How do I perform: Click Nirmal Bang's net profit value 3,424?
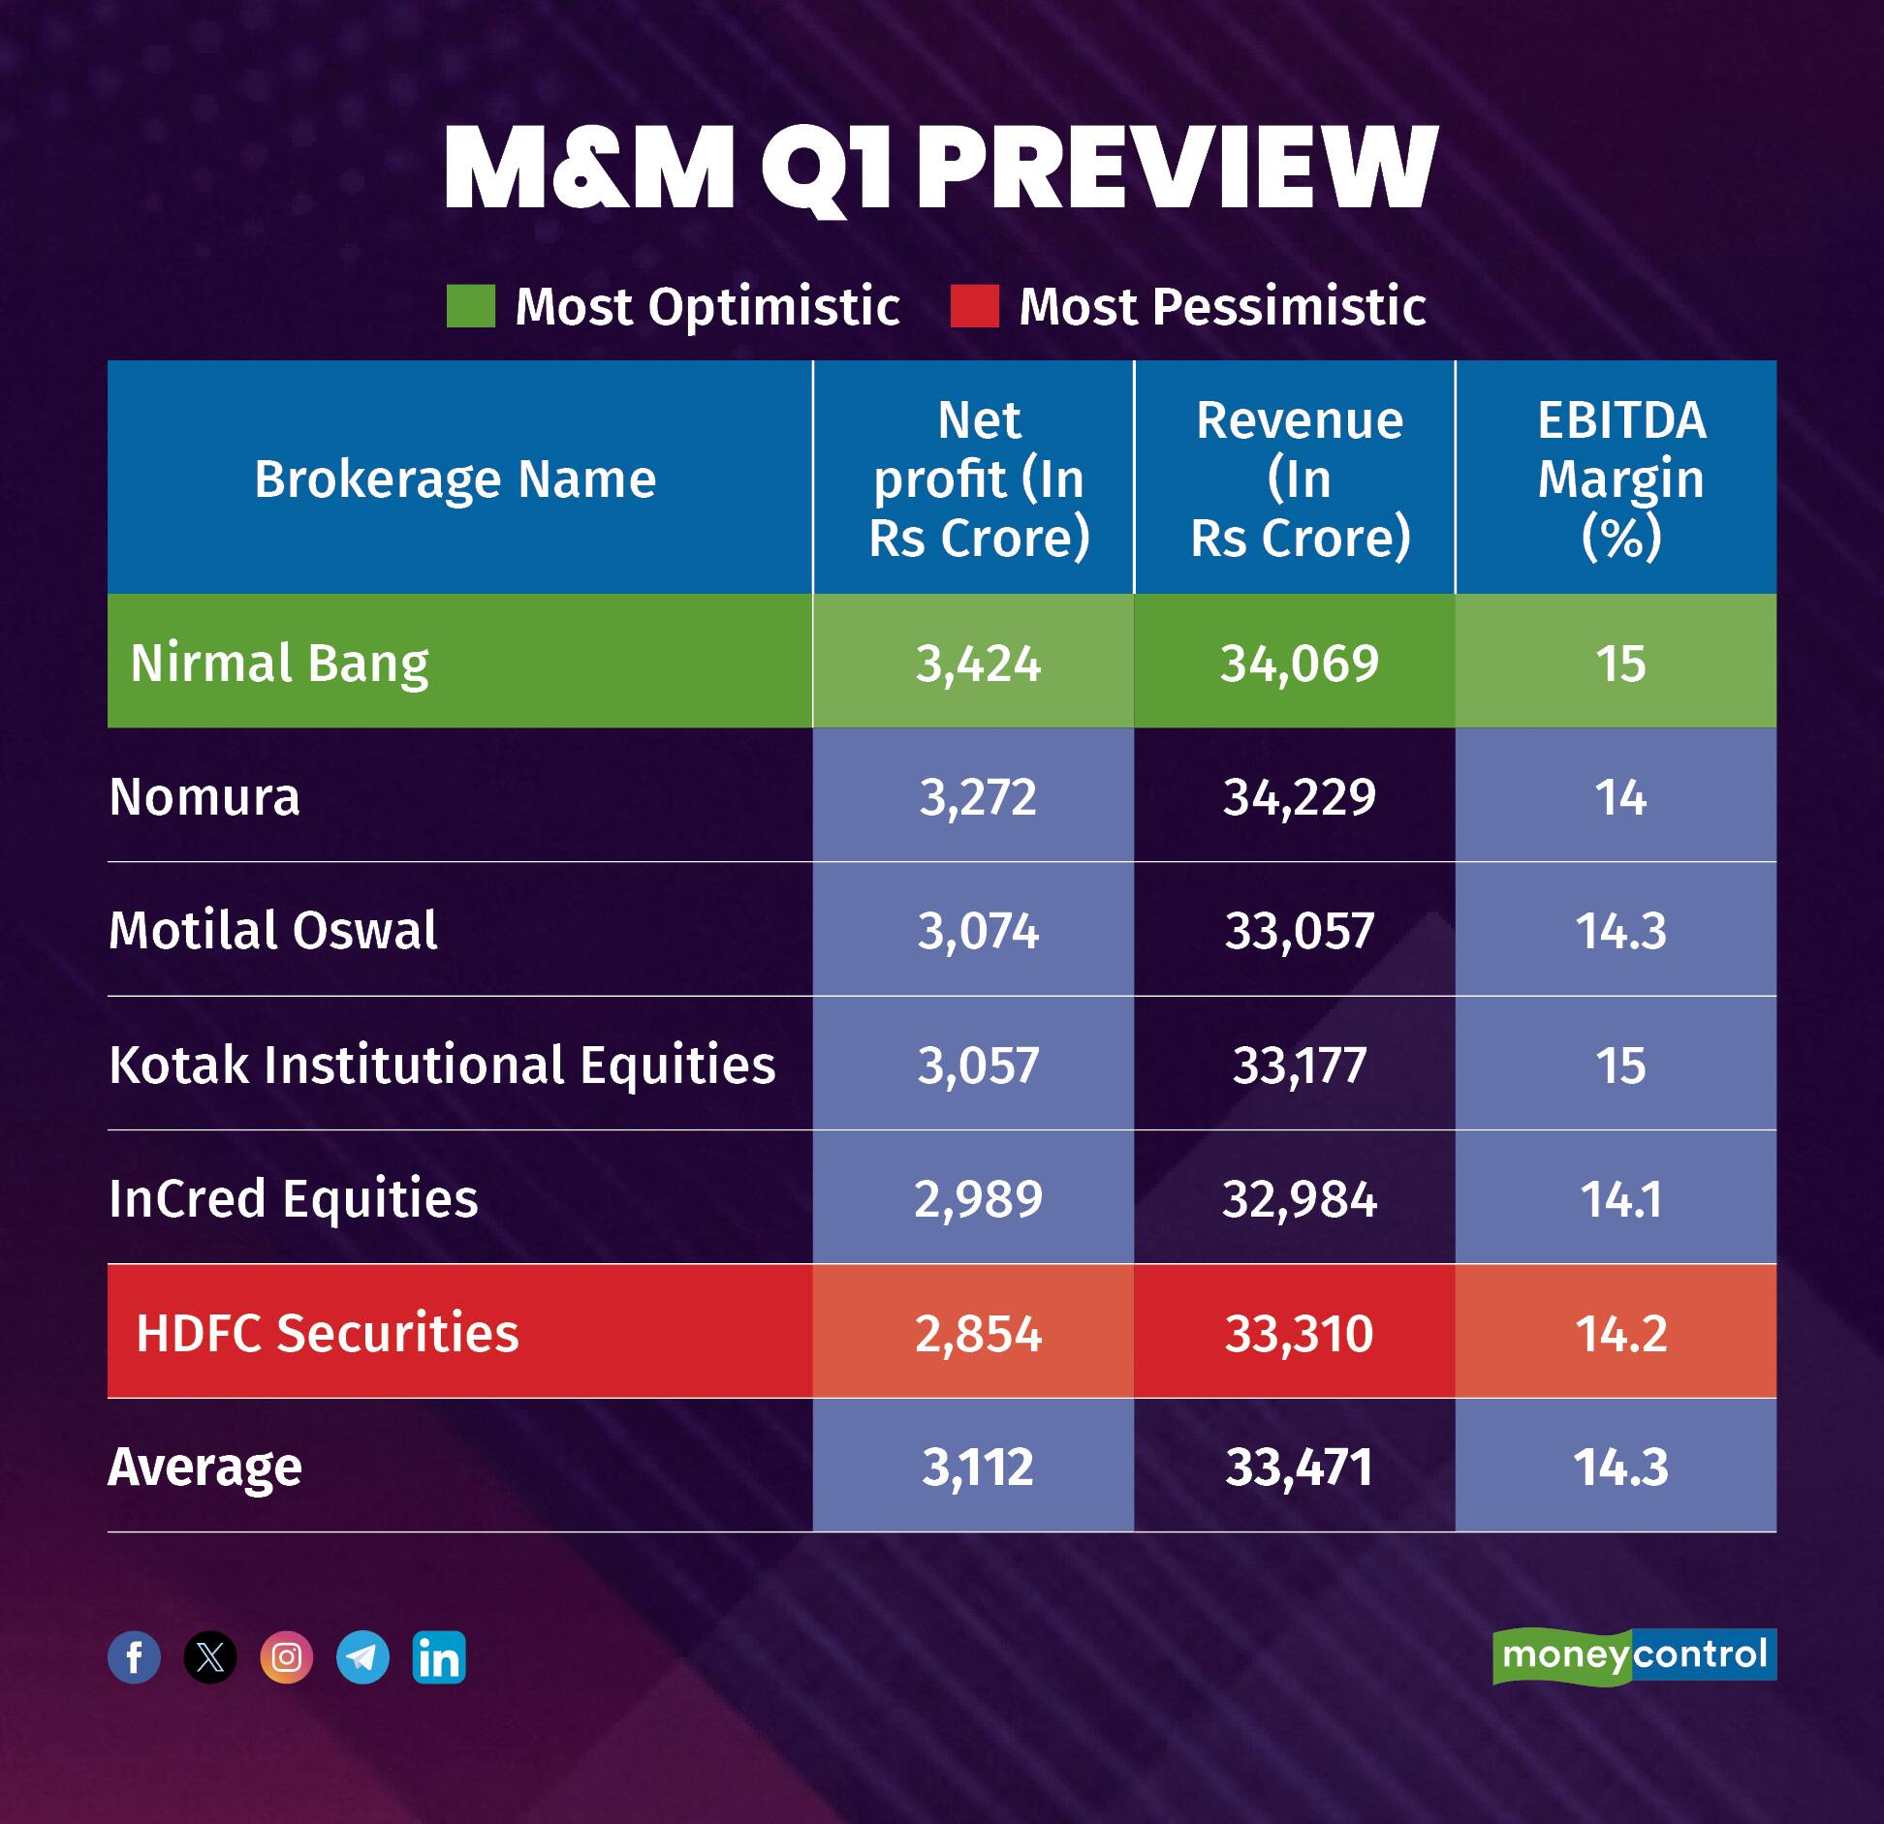977,664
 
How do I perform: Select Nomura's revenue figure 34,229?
1299,797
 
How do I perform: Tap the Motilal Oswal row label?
272,930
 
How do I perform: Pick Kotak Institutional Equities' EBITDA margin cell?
1619,1065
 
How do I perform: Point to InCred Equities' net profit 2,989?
977,1199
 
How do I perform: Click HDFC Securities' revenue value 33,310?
1299,1333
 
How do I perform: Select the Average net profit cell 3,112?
977,1467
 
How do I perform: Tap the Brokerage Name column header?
455,479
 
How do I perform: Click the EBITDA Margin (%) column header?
1619,479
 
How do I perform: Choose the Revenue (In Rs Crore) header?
1299,479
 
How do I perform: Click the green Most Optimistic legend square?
471,306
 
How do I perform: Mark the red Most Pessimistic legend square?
974,306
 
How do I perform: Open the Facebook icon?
134,1657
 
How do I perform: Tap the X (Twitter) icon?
210,1657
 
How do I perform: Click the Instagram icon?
287,1657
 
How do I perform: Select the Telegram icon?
362,1657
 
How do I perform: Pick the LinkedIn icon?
439,1657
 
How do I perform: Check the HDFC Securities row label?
327,1333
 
